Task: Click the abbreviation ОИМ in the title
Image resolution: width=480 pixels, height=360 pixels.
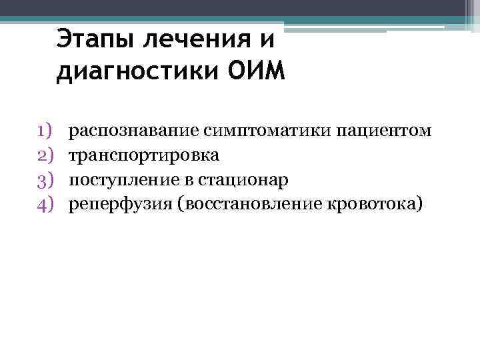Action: point(256,71)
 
